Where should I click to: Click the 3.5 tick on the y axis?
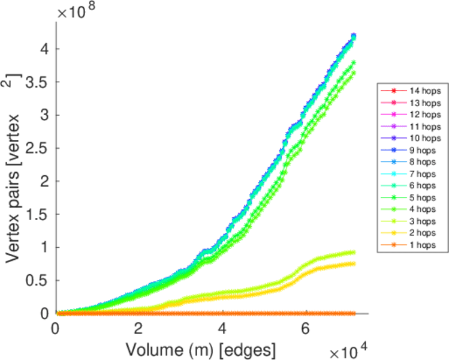41,82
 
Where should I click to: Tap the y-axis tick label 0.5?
41,280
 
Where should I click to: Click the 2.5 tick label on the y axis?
41,148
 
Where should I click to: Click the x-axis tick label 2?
138,329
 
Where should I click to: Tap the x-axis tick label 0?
56,329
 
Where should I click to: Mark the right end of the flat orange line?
353,313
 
